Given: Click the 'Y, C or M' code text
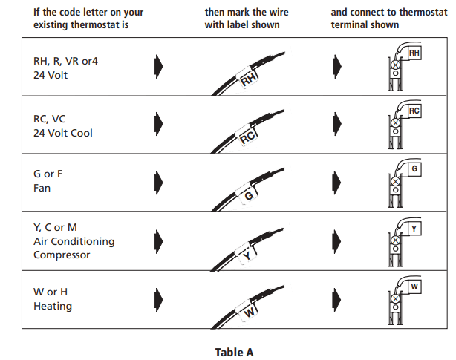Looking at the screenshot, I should coord(56,228).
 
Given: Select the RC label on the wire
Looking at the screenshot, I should coord(248,137).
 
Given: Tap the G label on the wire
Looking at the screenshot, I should coord(250,195).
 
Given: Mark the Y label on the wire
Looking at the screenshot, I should coord(247,255).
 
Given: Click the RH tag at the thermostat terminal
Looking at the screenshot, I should coord(414,53).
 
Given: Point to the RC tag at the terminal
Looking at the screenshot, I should coord(414,111).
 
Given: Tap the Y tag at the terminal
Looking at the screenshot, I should coord(414,228).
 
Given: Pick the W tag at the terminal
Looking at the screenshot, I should coord(414,286).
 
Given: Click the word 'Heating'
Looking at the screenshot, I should coord(53,306).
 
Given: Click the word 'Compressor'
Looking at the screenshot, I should coord(62,255).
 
